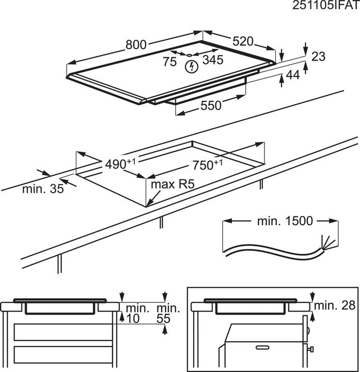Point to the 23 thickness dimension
pyautogui.click(x=319, y=56)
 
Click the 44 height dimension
pyautogui.click(x=293, y=75)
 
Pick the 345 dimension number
pyautogui.click(x=212, y=60)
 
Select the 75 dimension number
pyautogui.click(x=169, y=62)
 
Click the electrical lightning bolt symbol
pyautogui.click(x=192, y=66)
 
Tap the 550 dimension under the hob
pyautogui.click(x=211, y=105)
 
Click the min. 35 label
pyautogui.click(x=42, y=189)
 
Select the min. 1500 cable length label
pyautogui.click(x=285, y=221)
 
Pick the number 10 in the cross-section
pyautogui.click(x=133, y=319)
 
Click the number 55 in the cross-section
pyautogui.click(x=164, y=319)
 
